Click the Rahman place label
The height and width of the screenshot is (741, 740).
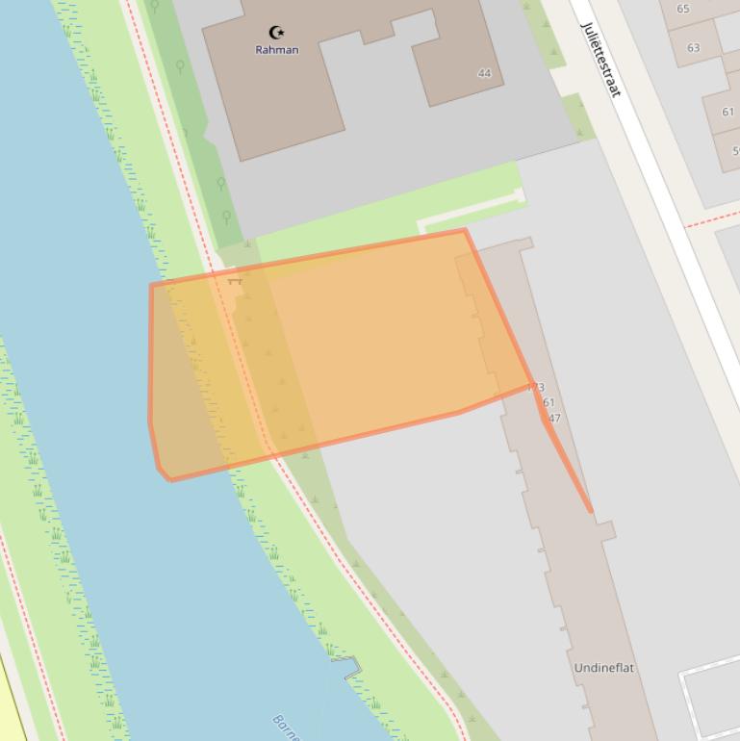click(276, 50)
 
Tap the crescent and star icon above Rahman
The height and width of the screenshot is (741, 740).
click(277, 33)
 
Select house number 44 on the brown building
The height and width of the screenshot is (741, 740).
click(484, 73)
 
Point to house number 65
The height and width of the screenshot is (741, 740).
click(683, 9)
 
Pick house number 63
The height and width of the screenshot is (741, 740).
click(694, 47)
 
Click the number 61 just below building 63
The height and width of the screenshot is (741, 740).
click(727, 112)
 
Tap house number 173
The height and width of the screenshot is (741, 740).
click(535, 388)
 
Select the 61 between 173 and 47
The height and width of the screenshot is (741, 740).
click(548, 403)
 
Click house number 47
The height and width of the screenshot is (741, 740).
click(552, 419)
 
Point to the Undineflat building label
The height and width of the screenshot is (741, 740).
click(604, 668)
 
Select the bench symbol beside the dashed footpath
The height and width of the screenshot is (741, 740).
click(234, 281)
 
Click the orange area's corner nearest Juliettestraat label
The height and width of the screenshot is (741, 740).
click(465, 230)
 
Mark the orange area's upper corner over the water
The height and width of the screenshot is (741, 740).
click(151, 285)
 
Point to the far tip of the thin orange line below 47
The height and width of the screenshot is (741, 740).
click(591, 511)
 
